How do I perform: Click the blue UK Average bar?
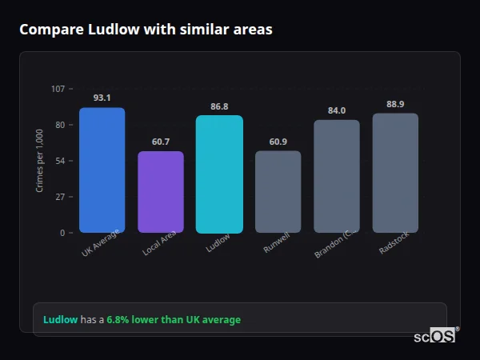point(102,170)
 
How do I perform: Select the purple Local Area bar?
point(161,192)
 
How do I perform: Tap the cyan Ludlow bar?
point(219,174)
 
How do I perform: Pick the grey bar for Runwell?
point(278,192)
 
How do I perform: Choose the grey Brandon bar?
point(337,177)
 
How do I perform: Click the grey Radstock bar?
point(395,173)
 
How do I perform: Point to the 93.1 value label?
point(102,98)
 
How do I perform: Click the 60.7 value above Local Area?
point(161,142)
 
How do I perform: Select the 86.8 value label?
point(219,106)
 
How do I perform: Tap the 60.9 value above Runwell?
point(278,142)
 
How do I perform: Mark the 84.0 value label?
point(337,110)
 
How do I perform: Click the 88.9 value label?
point(395,104)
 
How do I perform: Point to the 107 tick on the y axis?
point(58,88)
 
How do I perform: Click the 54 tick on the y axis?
point(60,161)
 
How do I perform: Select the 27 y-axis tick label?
point(60,197)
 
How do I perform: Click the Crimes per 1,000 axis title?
point(40,160)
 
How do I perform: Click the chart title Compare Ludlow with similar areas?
point(146,30)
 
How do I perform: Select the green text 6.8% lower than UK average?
point(174,320)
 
